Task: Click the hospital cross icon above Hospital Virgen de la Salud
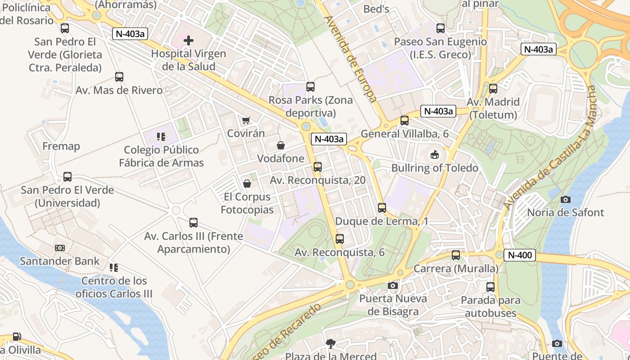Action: click(x=189, y=40)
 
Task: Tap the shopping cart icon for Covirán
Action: click(x=246, y=120)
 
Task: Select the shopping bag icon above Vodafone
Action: click(x=281, y=145)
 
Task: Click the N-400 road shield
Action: click(x=520, y=255)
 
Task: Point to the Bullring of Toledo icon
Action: click(x=435, y=155)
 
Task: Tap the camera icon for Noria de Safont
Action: click(x=566, y=199)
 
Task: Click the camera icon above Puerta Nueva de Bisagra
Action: click(x=393, y=285)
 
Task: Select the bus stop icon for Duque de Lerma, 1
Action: click(x=382, y=208)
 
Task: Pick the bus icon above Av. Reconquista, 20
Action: click(x=318, y=167)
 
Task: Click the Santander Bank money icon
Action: click(x=60, y=248)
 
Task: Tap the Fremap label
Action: click(x=61, y=146)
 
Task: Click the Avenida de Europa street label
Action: click(x=350, y=59)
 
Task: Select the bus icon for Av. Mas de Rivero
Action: click(x=119, y=77)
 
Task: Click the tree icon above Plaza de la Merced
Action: click(x=331, y=344)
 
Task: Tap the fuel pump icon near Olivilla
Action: click(x=17, y=337)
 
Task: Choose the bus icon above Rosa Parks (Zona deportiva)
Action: click(x=310, y=87)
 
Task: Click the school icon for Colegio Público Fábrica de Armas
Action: click(x=161, y=136)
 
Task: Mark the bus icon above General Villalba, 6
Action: click(x=405, y=121)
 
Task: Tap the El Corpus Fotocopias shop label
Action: click(x=247, y=203)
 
